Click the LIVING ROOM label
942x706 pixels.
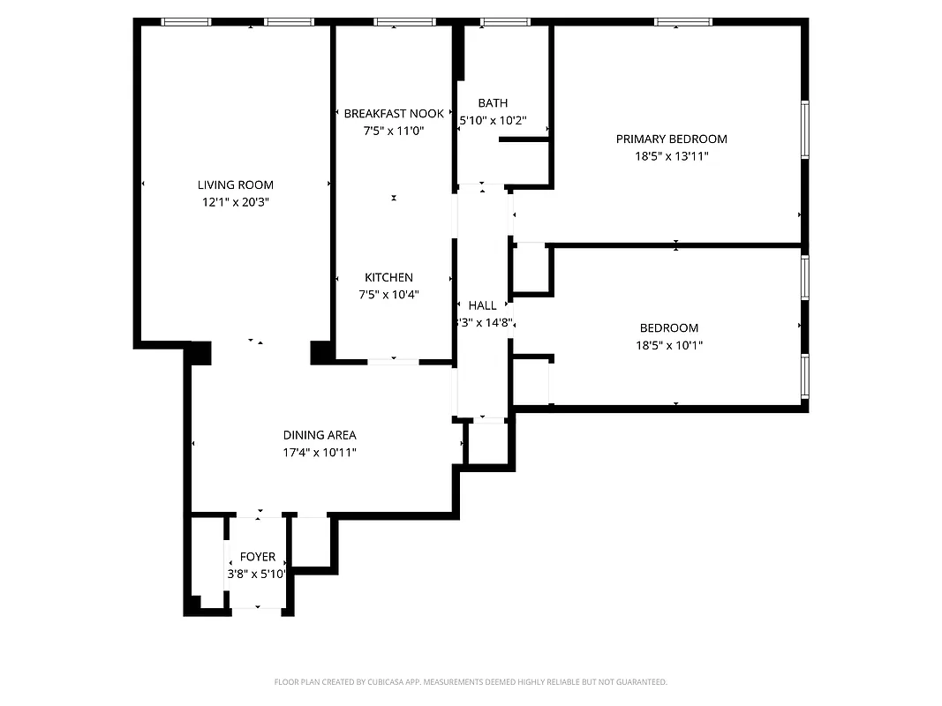235,184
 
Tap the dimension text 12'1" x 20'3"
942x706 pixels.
235,202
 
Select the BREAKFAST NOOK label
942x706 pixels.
394,113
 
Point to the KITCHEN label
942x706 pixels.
388,277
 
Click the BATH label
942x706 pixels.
493,103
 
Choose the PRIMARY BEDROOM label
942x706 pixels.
671,139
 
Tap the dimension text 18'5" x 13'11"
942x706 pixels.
671,156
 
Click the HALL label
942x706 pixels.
482,305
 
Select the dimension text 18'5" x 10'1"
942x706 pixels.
669,345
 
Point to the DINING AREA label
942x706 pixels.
320,434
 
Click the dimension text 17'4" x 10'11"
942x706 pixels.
320,452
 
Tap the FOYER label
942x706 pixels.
257,557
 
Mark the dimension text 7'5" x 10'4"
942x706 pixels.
388,295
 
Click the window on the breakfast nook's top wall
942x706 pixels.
403,22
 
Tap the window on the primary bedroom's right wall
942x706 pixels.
804,130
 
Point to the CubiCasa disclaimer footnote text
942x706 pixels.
471,682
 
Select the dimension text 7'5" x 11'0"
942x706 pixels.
394,131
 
